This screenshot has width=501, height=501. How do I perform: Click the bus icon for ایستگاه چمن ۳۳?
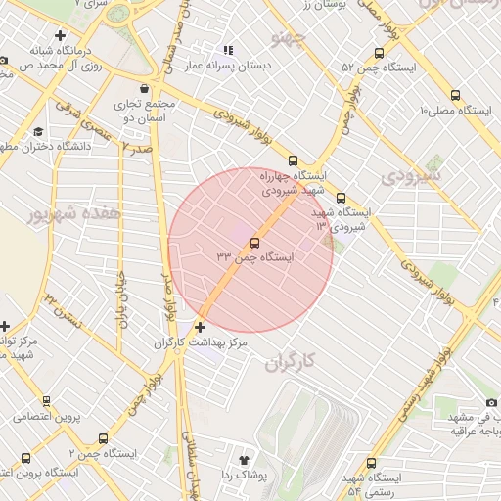tap(255, 242)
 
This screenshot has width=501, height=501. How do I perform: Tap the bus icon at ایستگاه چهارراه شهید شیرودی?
tap(293, 160)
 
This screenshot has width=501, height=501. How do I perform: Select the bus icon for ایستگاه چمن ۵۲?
tap(379, 54)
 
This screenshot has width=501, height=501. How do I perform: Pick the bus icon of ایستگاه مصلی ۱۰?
tap(455, 95)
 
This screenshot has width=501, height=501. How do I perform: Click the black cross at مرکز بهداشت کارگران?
tap(201, 327)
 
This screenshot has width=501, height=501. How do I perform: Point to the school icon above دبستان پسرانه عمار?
tap(228, 50)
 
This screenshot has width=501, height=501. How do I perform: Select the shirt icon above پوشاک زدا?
tap(245, 458)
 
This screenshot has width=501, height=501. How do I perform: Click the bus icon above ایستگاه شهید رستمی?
tap(370, 463)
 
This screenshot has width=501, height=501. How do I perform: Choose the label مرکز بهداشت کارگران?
tap(201, 343)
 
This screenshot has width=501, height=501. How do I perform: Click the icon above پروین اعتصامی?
tap(46, 400)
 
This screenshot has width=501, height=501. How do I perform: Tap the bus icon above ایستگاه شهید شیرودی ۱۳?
tap(341, 196)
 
